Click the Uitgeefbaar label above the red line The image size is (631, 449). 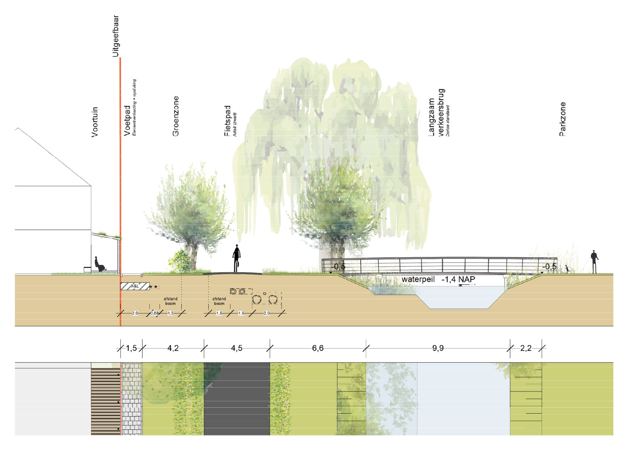pos(115,36)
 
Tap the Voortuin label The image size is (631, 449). pos(95,122)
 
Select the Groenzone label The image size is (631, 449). pos(176,116)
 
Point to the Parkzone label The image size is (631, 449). pos(562,119)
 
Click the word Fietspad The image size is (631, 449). pos(227,121)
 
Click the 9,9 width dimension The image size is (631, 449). pos(438,348)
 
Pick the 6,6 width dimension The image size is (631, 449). pos(318,348)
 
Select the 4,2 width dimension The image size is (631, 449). pos(173,348)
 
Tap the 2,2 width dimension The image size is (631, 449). pos(525,348)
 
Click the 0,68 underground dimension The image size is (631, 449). pos(155,313)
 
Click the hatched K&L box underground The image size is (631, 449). pos(135,286)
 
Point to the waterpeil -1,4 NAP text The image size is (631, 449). pos(438,279)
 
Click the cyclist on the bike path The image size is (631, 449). pos(237,258)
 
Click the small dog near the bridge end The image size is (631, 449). pos(567,269)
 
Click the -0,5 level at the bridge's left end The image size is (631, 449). pos(339,267)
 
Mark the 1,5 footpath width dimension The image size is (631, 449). pos(131,348)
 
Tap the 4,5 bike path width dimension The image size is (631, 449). pos(237,348)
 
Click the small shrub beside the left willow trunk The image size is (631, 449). pos(180,261)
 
